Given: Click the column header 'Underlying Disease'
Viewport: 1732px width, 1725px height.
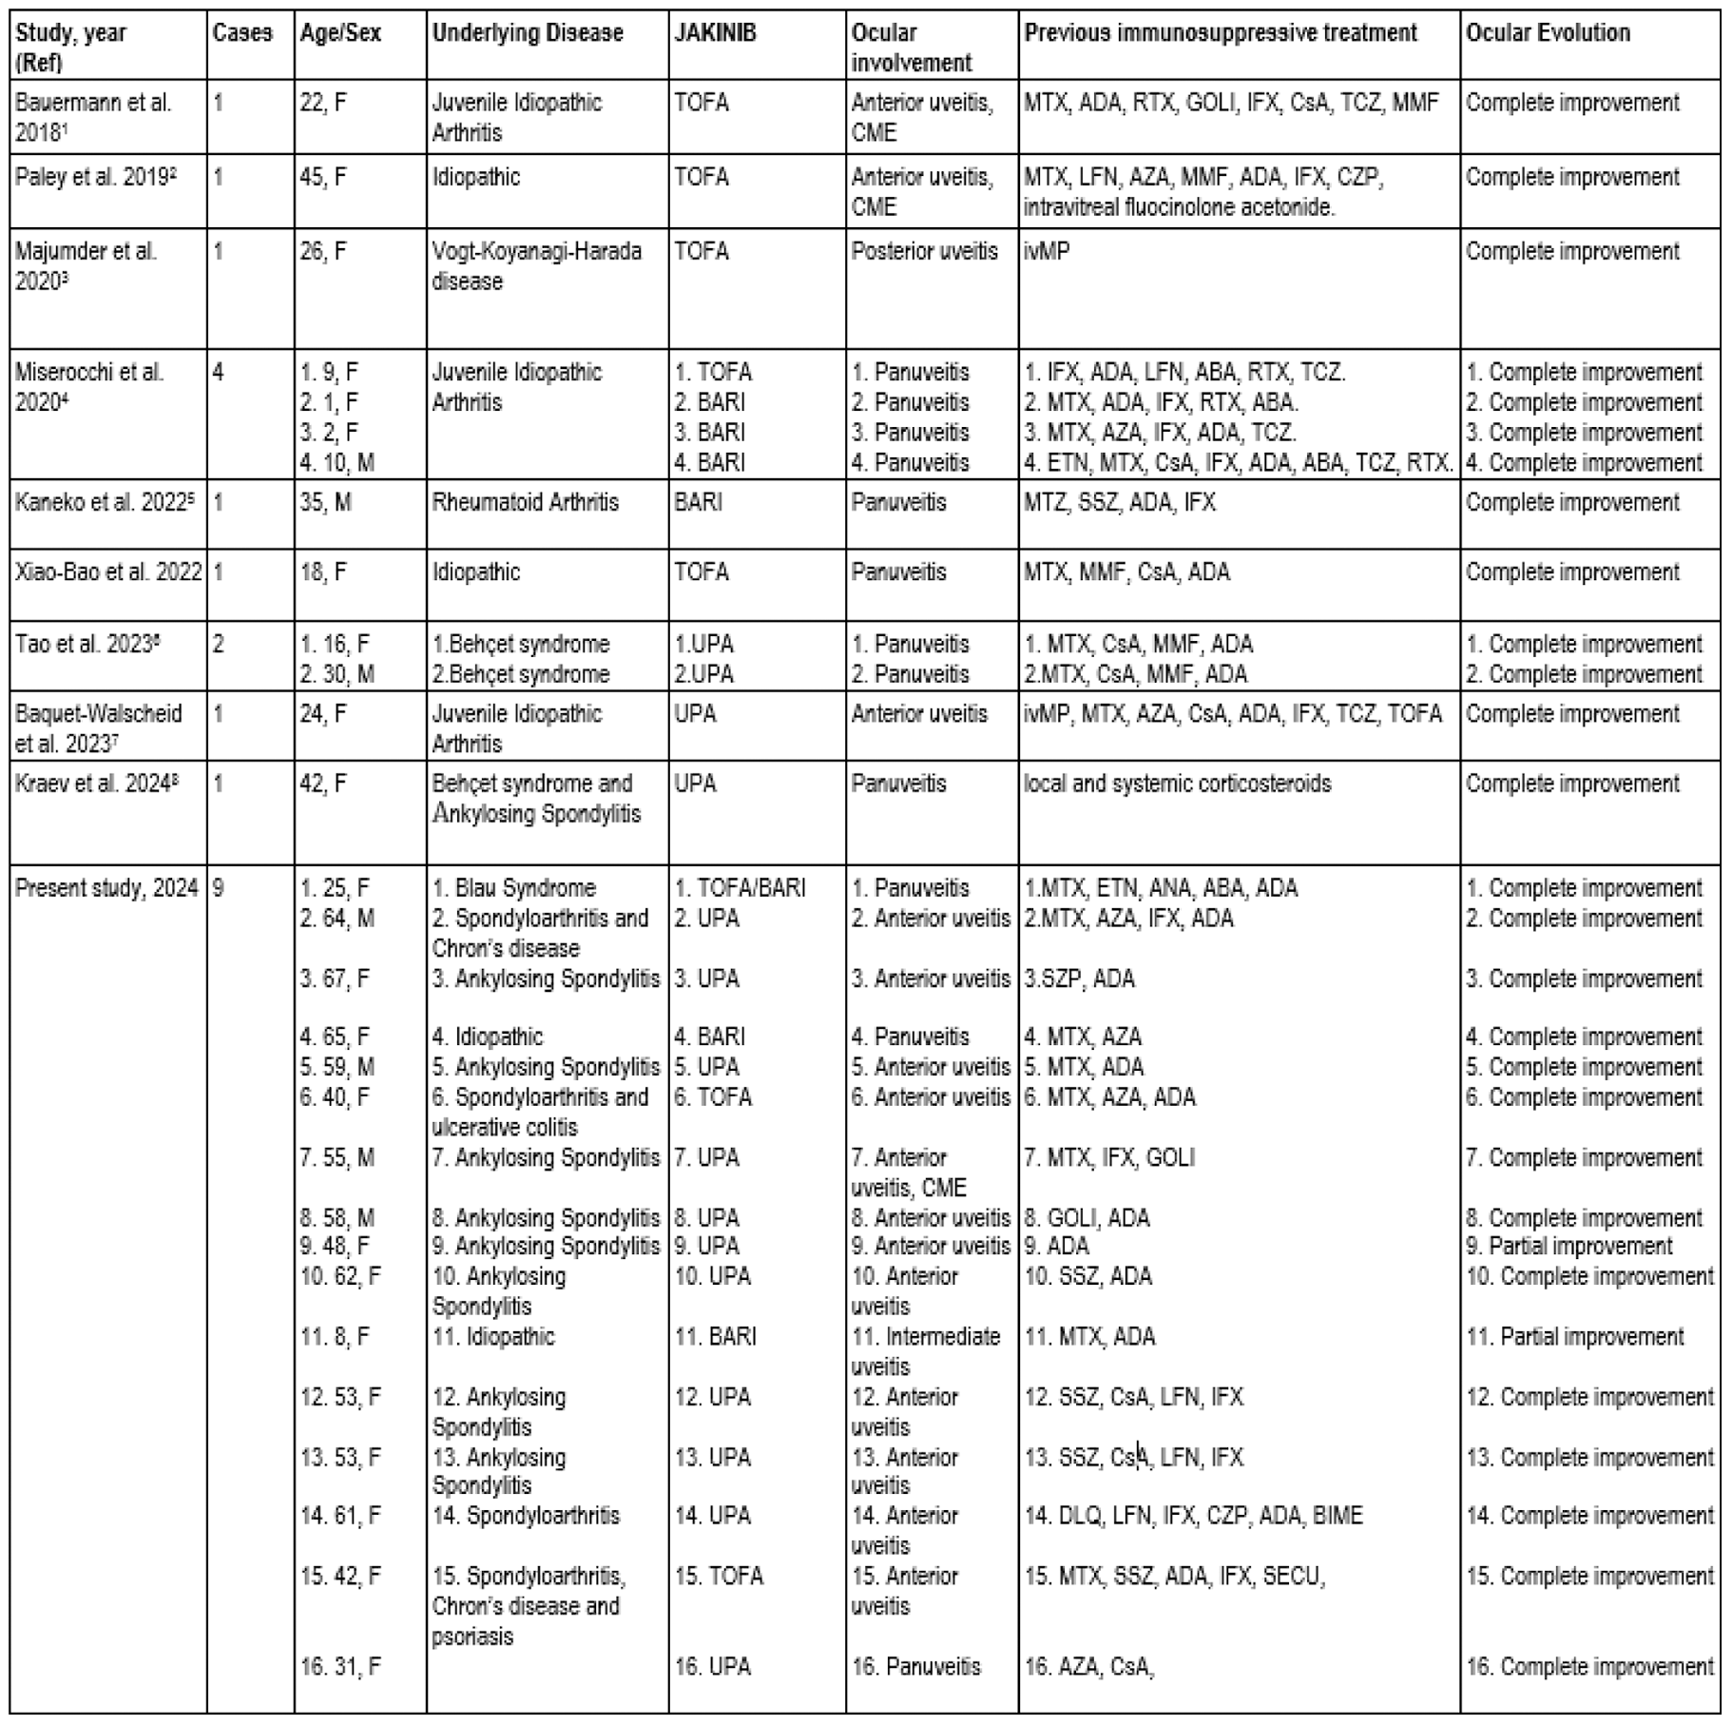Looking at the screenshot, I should tap(528, 33).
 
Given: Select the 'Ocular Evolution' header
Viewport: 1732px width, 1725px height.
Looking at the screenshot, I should tap(1548, 33).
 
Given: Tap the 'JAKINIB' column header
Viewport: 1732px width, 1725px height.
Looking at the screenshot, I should tap(715, 33).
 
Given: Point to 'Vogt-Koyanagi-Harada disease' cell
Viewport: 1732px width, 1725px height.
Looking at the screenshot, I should tap(537, 265).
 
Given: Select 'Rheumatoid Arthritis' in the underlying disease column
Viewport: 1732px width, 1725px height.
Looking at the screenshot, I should tap(525, 502).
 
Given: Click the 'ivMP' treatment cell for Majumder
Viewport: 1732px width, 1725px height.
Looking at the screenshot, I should tap(1047, 252).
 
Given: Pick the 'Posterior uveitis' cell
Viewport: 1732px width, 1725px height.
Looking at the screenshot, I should tap(924, 252).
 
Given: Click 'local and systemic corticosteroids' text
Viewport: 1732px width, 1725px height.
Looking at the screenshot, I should tap(1177, 784).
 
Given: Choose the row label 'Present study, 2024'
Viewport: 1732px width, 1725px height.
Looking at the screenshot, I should tap(106, 888).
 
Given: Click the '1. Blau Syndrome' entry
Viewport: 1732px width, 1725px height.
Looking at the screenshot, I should tap(514, 888).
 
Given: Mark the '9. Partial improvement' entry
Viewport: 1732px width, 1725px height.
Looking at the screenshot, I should tap(1568, 1246).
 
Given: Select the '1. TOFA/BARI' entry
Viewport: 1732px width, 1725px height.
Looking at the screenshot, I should tap(740, 888).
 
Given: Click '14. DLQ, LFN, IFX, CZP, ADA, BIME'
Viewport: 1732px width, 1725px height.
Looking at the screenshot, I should tap(1193, 1516).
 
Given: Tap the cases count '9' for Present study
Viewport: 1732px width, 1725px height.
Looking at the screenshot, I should tap(219, 888).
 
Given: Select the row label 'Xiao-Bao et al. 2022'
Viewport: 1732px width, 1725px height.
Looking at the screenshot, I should tap(107, 572).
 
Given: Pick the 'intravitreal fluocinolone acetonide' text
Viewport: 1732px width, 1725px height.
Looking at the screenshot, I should tap(1179, 207).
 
